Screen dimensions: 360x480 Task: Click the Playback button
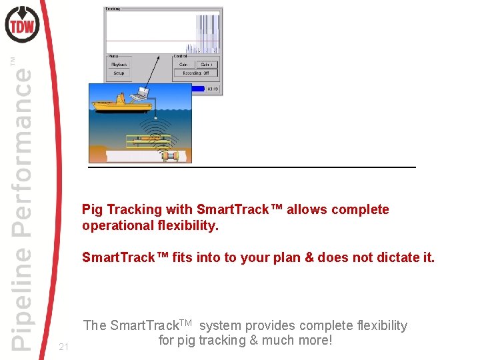tap(118, 65)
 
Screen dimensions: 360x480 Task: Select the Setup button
tap(118, 73)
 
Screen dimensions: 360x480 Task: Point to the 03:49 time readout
tap(213, 87)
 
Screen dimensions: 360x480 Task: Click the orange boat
tap(113, 105)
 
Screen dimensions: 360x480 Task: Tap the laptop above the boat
tap(141, 95)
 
